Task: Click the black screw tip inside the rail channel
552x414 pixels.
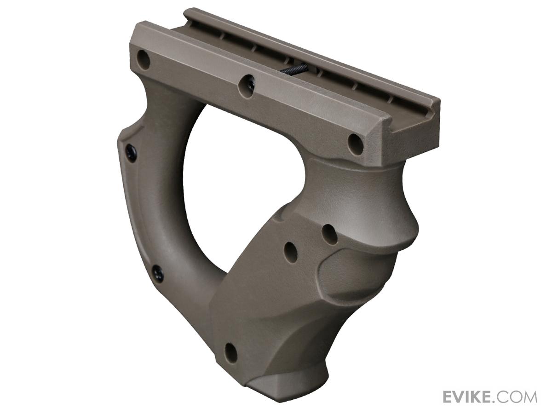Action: coord(294,69)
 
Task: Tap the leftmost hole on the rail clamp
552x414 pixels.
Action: coord(144,60)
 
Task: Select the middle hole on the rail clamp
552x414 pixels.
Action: coord(247,86)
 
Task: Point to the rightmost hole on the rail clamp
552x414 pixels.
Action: coord(355,144)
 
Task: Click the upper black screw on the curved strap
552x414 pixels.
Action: coord(131,153)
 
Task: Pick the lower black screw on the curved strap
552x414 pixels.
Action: coord(158,274)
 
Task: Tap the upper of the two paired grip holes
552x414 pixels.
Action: coord(329,234)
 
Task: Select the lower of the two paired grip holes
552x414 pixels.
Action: coord(291,253)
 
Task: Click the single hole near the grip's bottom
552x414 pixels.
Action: coord(231,353)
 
